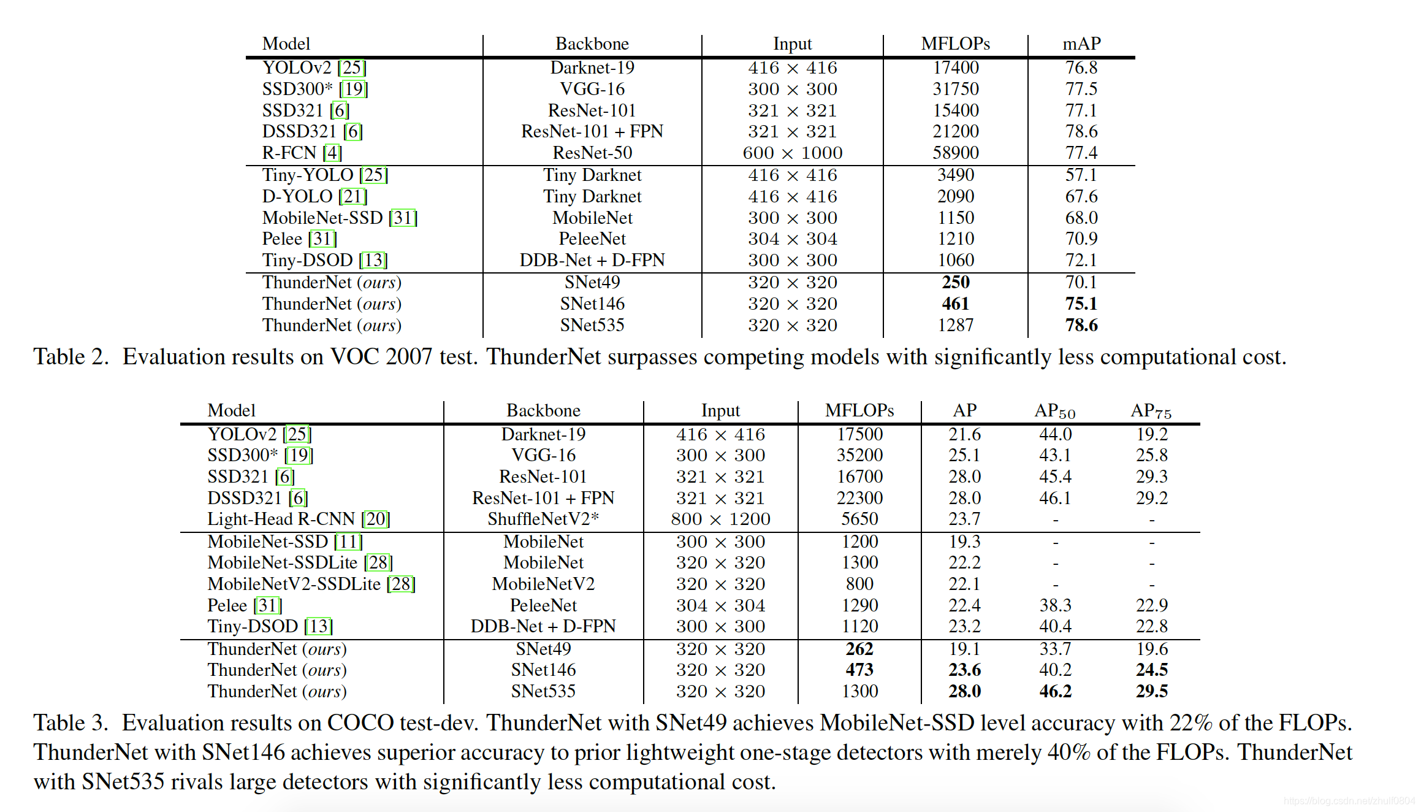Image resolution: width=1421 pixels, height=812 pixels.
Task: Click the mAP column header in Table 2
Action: (x=1081, y=44)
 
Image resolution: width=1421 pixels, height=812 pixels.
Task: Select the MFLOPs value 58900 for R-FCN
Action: (x=956, y=153)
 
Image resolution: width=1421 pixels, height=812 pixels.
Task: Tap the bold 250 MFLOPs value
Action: (x=956, y=282)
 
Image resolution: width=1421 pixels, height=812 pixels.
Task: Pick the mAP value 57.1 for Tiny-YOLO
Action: (x=1081, y=175)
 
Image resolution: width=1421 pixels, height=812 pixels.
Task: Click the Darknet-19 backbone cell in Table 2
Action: (x=592, y=67)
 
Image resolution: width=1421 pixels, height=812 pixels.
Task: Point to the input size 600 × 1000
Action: (x=792, y=153)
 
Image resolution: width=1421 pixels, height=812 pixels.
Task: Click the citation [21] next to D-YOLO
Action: (x=353, y=196)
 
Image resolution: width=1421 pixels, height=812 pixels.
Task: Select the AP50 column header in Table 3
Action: (x=1054, y=411)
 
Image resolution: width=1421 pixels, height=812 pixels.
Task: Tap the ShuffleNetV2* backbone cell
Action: (x=543, y=519)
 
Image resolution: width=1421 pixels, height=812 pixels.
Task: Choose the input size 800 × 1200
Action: (x=720, y=519)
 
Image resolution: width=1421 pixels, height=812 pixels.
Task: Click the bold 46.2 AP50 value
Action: (x=1055, y=691)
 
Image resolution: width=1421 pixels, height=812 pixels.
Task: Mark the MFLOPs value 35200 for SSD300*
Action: (x=859, y=455)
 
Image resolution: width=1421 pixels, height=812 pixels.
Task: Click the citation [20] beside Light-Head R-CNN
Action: (x=376, y=519)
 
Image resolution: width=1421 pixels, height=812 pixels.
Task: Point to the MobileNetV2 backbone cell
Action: (x=543, y=584)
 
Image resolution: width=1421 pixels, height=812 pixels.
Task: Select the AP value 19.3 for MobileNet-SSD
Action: (x=964, y=542)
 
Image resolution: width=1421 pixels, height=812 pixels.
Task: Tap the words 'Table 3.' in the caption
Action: (x=70, y=723)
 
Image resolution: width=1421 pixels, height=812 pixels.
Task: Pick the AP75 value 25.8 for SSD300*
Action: (x=1151, y=455)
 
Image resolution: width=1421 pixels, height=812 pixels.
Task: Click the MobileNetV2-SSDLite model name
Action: (x=294, y=584)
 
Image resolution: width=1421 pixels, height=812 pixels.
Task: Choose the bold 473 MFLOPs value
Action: (x=859, y=670)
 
